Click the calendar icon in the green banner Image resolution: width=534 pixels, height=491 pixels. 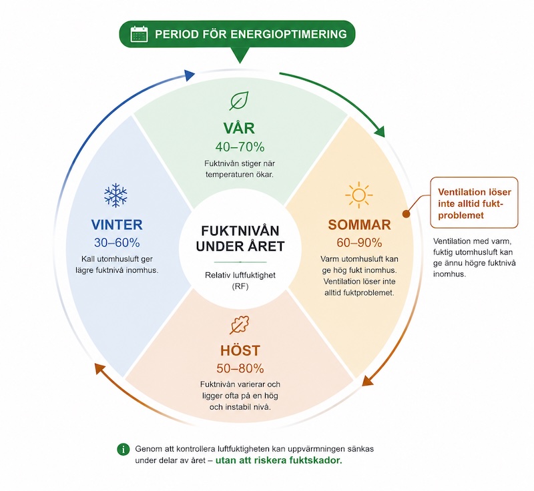tap(139, 34)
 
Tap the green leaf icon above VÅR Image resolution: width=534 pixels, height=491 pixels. tap(240, 101)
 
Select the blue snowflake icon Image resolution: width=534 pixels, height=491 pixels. tap(115, 195)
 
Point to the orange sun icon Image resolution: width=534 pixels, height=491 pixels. tap(359, 195)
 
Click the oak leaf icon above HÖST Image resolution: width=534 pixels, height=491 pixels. tap(240, 325)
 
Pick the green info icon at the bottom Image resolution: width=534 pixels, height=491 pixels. tap(123, 449)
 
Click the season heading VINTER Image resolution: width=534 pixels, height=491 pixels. tap(117, 225)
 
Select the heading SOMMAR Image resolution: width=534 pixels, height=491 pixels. tap(359, 225)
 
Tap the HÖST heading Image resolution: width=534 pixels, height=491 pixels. tap(240, 350)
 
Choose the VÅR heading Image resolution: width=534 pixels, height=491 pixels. tap(239, 128)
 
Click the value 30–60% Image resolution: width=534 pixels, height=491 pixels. tap(117, 243)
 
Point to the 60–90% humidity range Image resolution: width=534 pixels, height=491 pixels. tap(359, 243)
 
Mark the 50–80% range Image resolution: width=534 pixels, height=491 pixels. tap(240, 368)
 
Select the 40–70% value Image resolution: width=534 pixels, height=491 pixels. tap(240, 147)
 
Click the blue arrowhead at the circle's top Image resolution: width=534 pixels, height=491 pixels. tap(189, 75)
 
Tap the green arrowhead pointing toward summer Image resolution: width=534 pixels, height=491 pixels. tap(379, 131)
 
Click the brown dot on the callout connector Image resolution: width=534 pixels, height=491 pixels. tap(406, 213)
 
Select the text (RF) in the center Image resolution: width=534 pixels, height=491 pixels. tap(240, 286)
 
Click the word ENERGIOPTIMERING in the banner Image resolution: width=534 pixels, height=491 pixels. tap(289, 35)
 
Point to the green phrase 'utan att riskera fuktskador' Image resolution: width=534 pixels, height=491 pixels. tap(278, 460)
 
